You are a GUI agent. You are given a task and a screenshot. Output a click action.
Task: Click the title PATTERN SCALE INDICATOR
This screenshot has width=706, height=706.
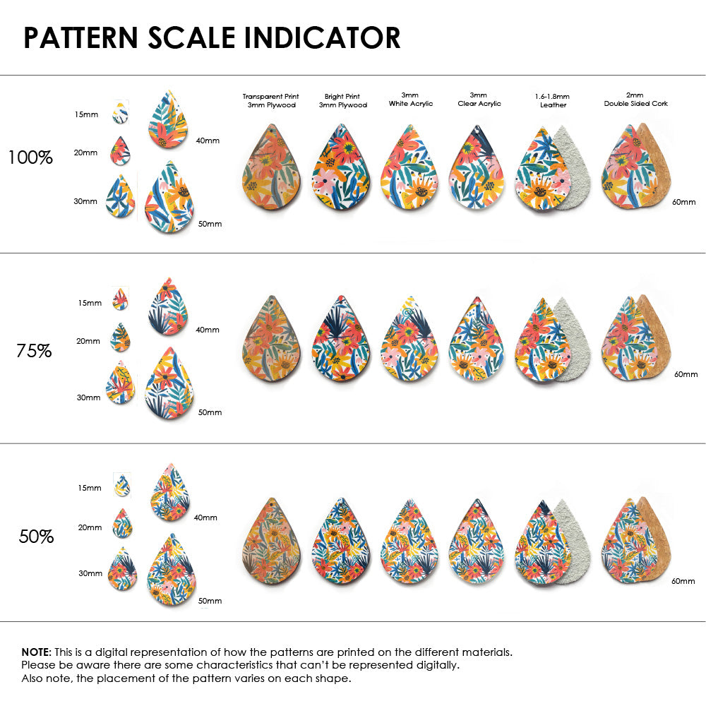point(212,37)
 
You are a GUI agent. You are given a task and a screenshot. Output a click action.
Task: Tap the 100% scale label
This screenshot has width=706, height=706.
point(30,157)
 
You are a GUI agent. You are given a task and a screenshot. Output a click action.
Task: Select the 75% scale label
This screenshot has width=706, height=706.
point(34,350)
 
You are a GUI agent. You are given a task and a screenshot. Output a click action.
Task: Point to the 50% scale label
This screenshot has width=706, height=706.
point(36,537)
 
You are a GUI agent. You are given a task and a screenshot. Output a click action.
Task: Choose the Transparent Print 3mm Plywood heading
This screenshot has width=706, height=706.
point(270,100)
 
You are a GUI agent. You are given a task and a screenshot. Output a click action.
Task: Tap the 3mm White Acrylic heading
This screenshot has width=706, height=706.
point(411,100)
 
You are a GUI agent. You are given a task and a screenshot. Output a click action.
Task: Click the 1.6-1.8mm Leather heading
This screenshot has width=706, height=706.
point(553,100)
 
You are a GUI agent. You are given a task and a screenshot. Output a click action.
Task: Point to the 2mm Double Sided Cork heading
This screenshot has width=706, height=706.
point(635,100)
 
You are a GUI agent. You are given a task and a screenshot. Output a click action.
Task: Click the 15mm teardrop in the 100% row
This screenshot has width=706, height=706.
point(120,112)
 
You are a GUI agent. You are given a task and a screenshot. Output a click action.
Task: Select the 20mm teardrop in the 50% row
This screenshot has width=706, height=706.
point(122,524)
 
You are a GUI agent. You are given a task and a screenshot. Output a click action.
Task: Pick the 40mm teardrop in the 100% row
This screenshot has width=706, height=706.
point(172,121)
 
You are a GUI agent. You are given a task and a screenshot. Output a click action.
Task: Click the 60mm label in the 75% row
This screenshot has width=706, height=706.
point(685,373)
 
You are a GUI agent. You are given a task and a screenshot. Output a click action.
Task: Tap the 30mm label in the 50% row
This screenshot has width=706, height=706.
point(90,573)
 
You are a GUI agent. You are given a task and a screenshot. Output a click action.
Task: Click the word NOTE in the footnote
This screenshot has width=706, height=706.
point(35,652)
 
